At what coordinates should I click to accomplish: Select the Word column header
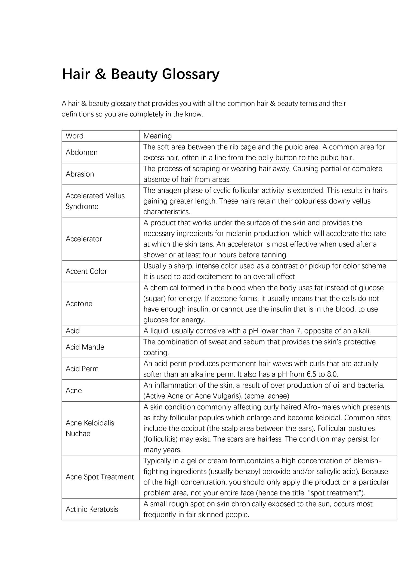pyautogui.click(x=75, y=136)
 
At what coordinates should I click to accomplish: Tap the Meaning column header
pyautogui.click(x=157, y=136)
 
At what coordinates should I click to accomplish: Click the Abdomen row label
pyautogui.click(x=82, y=152)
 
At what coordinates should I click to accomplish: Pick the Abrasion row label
pyautogui.click(x=80, y=174)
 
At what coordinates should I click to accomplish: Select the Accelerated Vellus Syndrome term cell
pyautogui.click(x=95, y=201)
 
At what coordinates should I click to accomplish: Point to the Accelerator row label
pyautogui.click(x=84, y=239)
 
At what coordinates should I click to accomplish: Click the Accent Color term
pyautogui.click(x=86, y=271)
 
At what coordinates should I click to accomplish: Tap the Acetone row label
pyautogui.click(x=79, y=303)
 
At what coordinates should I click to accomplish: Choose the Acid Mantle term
pyautogui.click(x=85, y=347)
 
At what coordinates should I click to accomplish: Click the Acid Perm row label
pyautogui.click(x=82, y=369)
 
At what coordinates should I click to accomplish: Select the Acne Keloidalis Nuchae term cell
pyautogui.click(x=90, y=428)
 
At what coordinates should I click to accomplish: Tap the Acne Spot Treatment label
pyautogui.click(x=100, y=477)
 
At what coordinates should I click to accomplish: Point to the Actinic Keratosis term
pyautogui.click(x=92, y=509)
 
